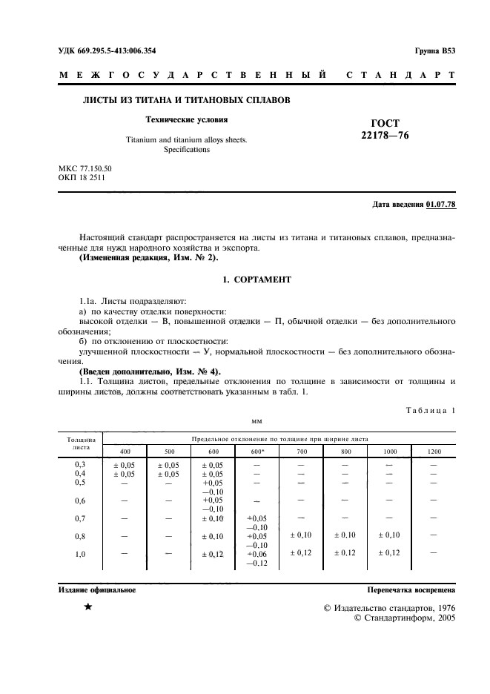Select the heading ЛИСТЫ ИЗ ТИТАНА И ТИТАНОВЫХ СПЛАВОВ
tap(185, 99)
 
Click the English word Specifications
tap(186, 149)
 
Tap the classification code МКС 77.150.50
tap(85, 170)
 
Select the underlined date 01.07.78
tap(441, 204)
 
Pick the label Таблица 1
tap(431, 410)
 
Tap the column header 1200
tap(434, 452)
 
